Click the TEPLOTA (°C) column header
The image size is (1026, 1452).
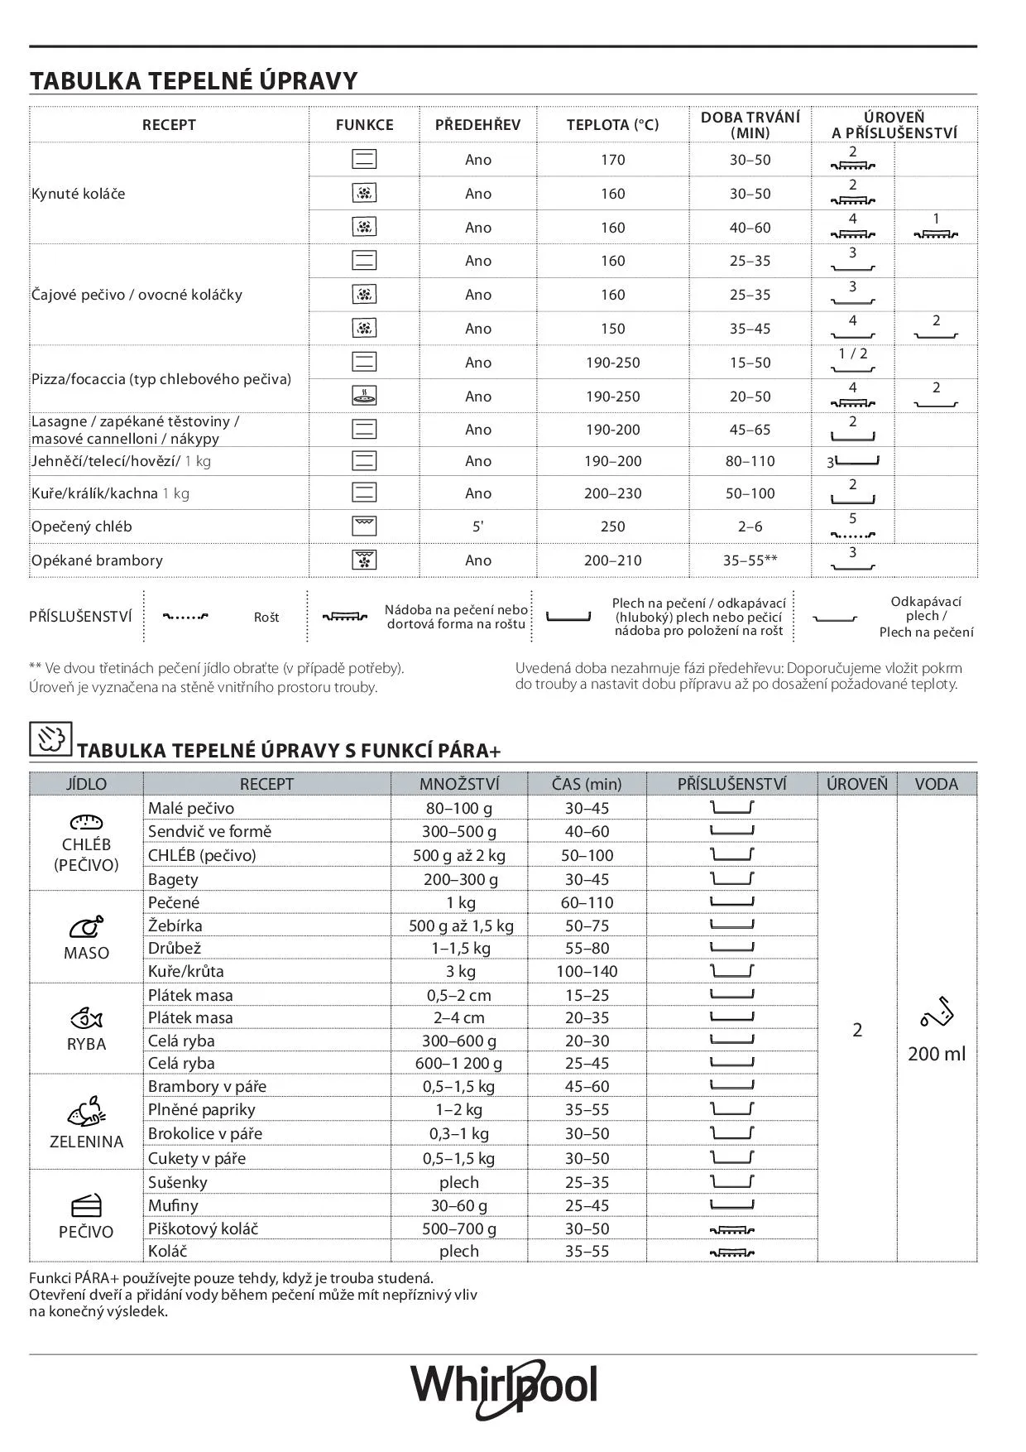coord(612,125)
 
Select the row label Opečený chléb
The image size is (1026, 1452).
coord(81,526)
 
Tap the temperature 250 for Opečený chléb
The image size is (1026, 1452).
coord(612,526)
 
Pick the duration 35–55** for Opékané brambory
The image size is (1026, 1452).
coord(750,560)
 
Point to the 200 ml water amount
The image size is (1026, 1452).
coord(936,1054)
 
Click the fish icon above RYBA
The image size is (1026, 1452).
coord(86,1017)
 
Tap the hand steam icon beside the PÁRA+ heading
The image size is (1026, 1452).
coord(50,738)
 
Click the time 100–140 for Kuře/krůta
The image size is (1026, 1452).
coord(587,971)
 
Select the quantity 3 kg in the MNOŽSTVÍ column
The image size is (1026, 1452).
coord(460,971)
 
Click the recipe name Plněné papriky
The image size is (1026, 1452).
coord(201,1109)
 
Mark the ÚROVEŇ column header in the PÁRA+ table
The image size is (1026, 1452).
coord(856,784)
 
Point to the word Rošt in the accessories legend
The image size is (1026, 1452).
coord(266,618)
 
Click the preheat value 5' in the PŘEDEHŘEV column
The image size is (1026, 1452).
coord(477,526)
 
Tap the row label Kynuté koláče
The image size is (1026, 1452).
coord(78,194)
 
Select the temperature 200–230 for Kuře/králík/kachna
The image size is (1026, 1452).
coord(612,493)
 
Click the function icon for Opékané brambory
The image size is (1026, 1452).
coord(364,560)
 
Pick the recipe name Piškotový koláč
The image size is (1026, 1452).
coord(203,1228)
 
